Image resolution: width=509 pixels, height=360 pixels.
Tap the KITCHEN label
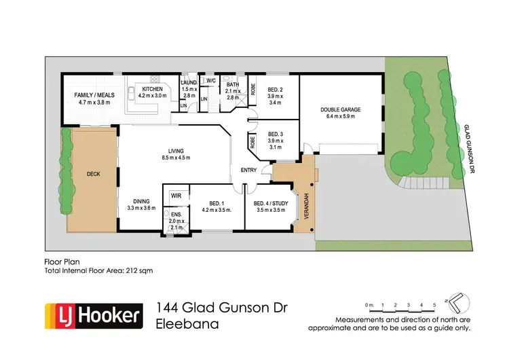click(x=152, y=89)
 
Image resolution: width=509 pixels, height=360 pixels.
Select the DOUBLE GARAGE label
click(x=341, y=109)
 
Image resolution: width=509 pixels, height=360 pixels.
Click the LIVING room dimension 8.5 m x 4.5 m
click(x=181, y=158)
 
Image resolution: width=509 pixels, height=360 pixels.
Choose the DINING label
click(x=141, y=200)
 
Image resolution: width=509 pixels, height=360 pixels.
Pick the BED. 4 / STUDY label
click(x=270, y=204)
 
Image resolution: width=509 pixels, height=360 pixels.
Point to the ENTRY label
click(x=240, y=170)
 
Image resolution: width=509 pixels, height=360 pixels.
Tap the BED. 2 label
click(x=275, y=89)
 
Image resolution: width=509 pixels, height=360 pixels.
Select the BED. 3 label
click(x=275, y=134)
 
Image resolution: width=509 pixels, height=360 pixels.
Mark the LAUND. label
click(x=189, y=83)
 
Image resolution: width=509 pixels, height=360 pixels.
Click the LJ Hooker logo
click(x=94, y=315)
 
